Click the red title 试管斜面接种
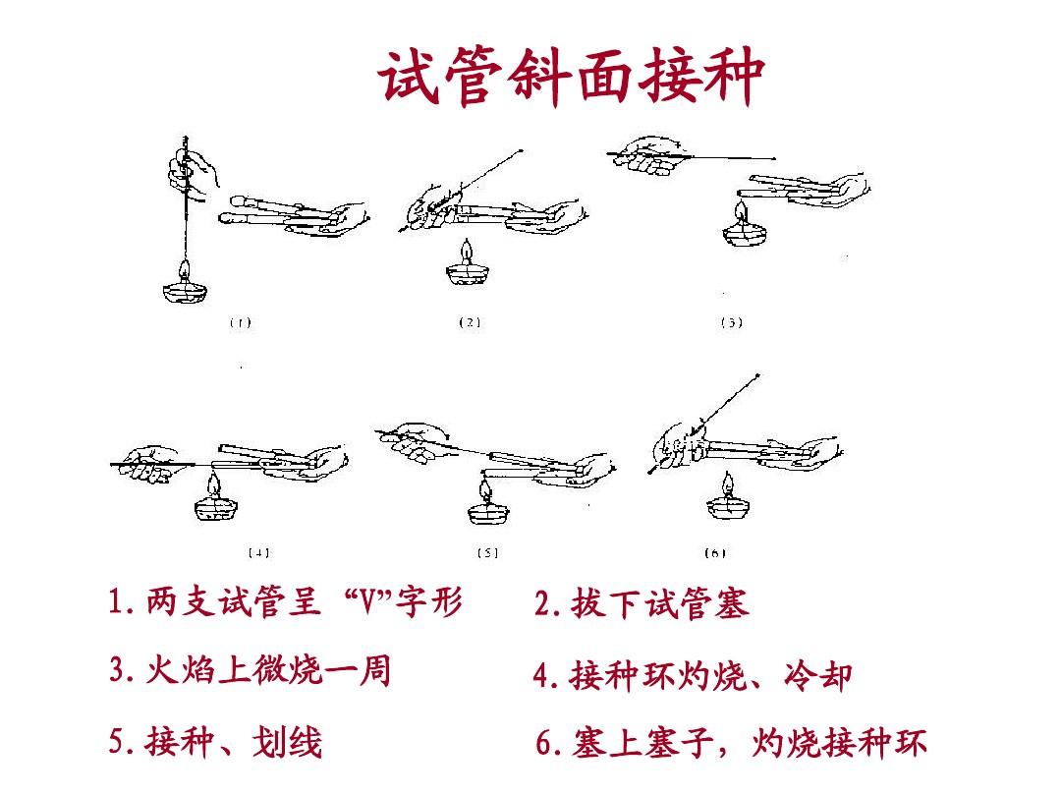click(x=572, y=77)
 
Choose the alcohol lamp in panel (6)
click(x=728, y=497)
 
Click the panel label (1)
click(x=241, y=323)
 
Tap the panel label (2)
click(x=470, y=323)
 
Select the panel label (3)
click(x=732, y=323)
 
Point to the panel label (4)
click(x=258, y=553)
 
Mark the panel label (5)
click(x=487, y=553)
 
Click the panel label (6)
click(x=715, y=553)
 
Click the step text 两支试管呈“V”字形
click(x=304, y=601)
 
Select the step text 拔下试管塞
click(x=659, y=603)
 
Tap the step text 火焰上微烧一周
click(x=268, y=671)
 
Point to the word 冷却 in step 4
click(x=817, y=675)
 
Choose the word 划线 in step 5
click(x=287, y=742)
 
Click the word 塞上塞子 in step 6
click(x=642, y=743)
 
